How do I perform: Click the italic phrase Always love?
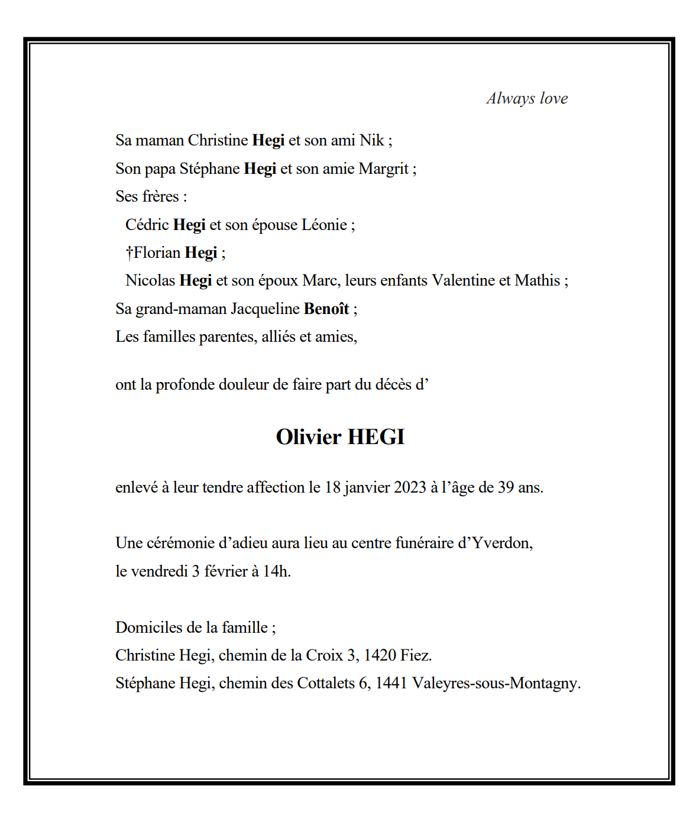coord(527,98)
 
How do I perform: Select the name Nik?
coord(372,140)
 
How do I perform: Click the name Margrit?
coord(383,169)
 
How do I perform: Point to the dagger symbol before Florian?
coord(129,253)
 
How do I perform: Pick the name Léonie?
coord(324,225)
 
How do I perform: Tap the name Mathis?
coord(537,280)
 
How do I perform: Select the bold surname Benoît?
coord(326,309)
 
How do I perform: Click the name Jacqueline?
coord(265,309)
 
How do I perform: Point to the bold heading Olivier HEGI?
coord(340,437)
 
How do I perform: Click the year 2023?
coord(410,487)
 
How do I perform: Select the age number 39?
coord(506,487)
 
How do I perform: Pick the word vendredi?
coord(159,571)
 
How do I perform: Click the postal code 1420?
coord(380,655)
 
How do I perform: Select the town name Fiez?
coord(416,655)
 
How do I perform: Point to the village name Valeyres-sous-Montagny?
coord(496,684)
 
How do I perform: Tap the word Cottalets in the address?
coord(326,684)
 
